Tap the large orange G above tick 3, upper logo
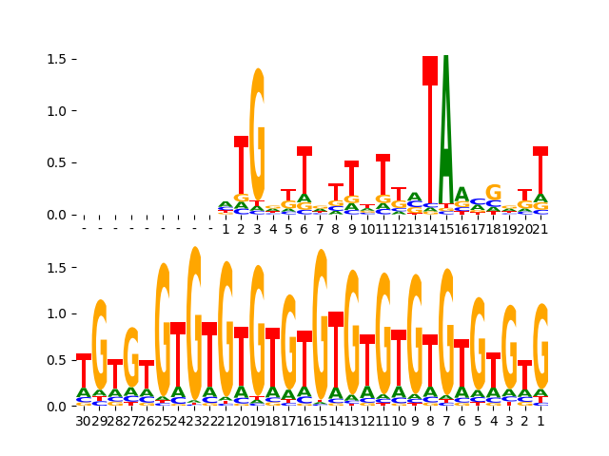click(257, 133)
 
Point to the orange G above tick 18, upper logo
click(493, 193)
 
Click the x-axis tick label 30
click(84, 420)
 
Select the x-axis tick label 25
click(163, 420)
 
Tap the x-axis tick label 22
click(209, 420)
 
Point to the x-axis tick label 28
click(115, 420)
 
